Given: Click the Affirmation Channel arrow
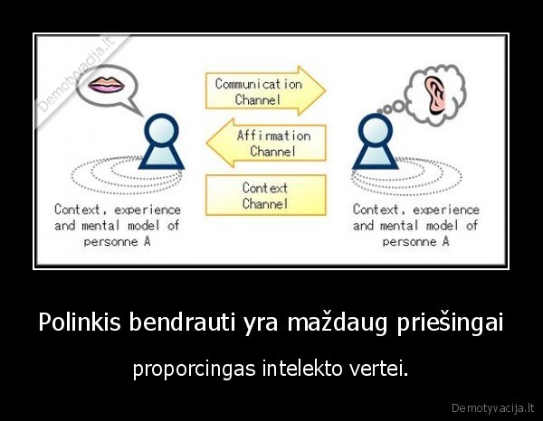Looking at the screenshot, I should pyautogui.click(x=266, y=143).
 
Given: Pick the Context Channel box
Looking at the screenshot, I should pyautogui.click(x=265, y=195).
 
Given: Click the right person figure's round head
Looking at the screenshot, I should pyautogui.click(x=375, y=130).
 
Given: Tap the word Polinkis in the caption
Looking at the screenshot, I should pyautogui.click(x=76, y=323).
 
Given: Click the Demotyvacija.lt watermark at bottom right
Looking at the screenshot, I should pyautogui.click(x=492, y=405).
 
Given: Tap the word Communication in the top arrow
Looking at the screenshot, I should pyautogui.click(x=258, y=83).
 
